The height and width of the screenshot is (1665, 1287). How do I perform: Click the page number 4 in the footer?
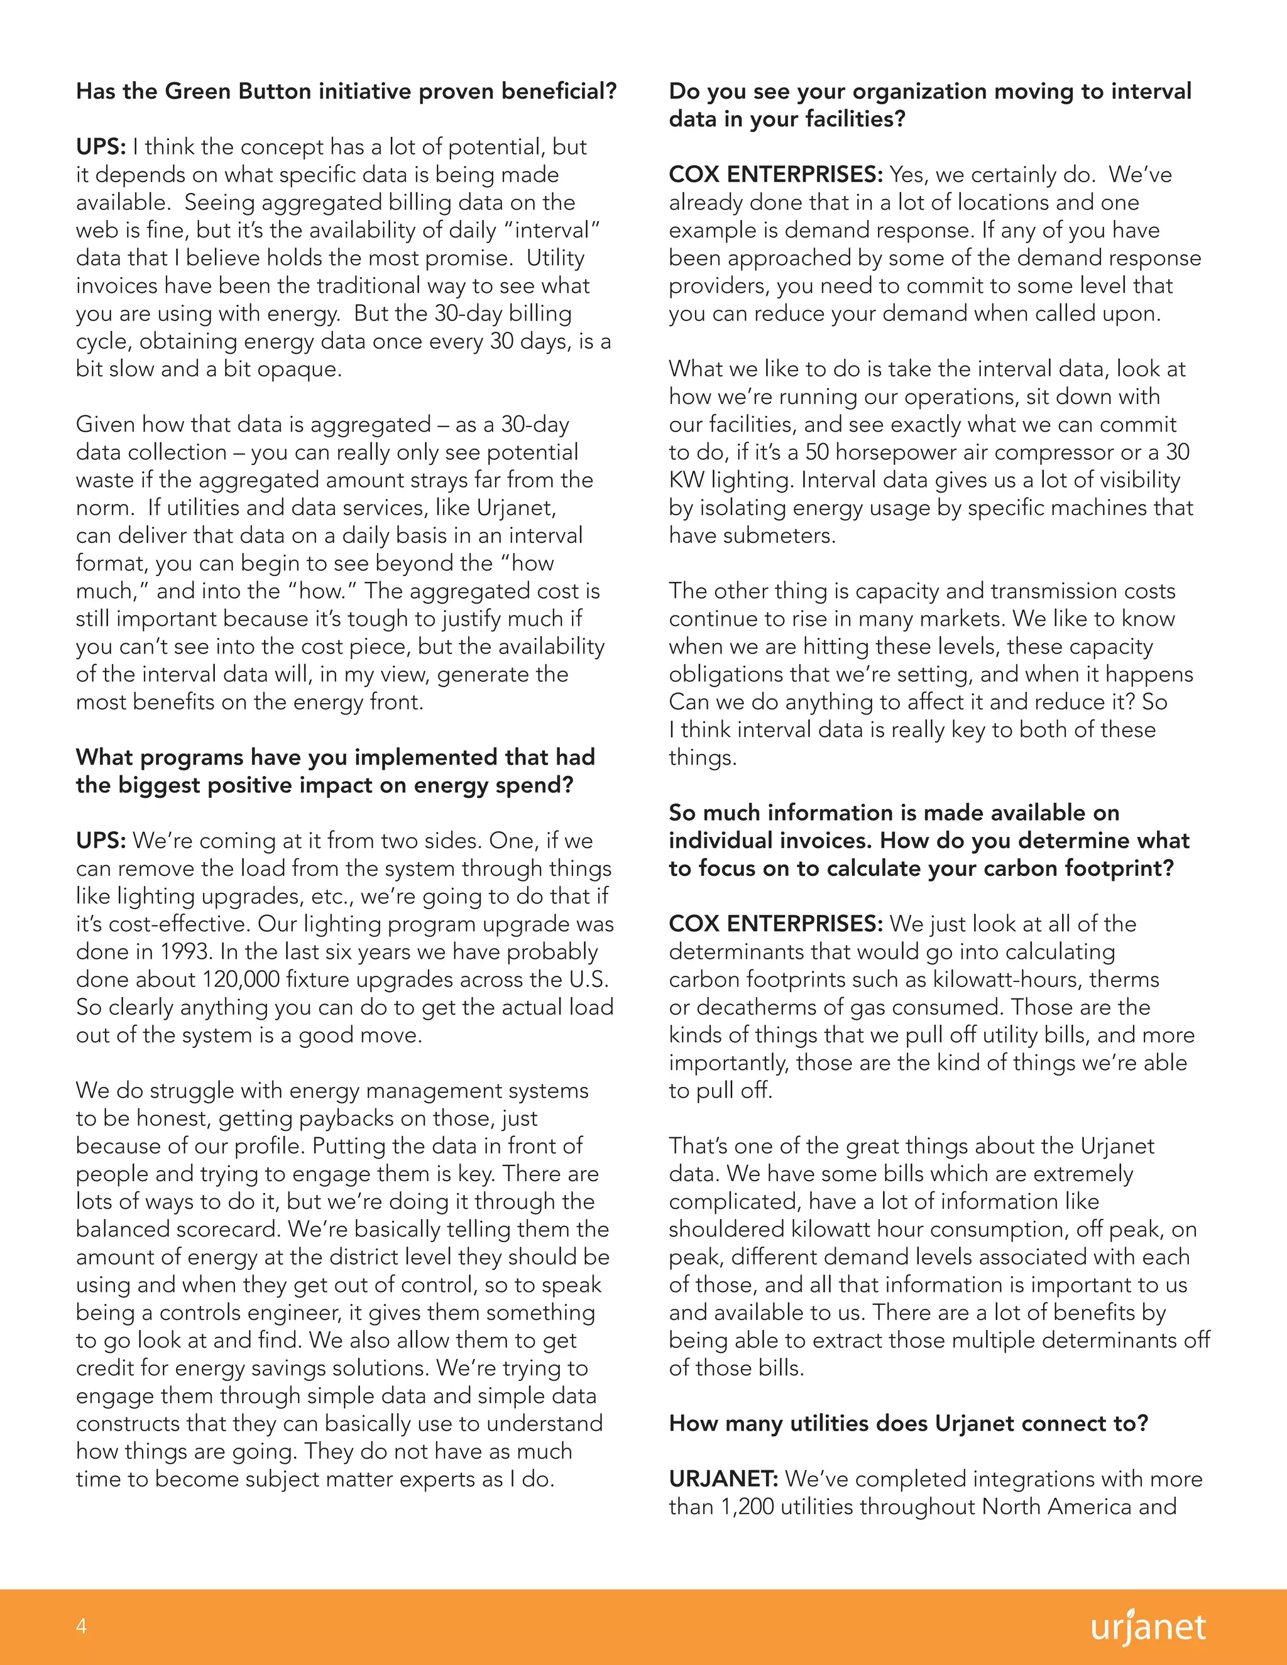(81, 1626)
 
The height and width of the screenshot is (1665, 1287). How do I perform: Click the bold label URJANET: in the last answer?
(723, 1478)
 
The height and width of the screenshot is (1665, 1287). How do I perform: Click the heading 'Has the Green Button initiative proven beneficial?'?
(346, 92)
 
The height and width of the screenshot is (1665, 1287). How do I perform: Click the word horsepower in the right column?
(897, 452)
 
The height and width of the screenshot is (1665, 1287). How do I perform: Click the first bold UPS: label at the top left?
(101, 146)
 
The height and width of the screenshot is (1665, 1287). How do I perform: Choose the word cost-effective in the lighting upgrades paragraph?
(176, 924)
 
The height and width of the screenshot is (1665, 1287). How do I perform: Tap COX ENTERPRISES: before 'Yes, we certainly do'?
(775, 175)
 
